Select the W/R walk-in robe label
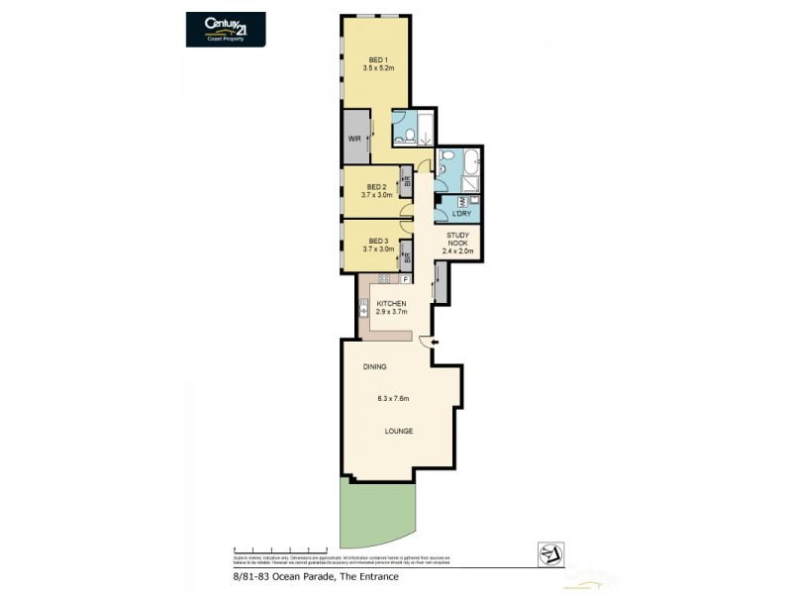click(x=354, y=139)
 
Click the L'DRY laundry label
click(x=459, y=214)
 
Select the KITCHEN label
click(x=390, y=302)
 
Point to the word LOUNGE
click(x=399, y=432)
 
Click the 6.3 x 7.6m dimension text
click(x=393, y=399)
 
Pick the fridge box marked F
click(x=404, y=280)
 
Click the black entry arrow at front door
click(x=435, y=343)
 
